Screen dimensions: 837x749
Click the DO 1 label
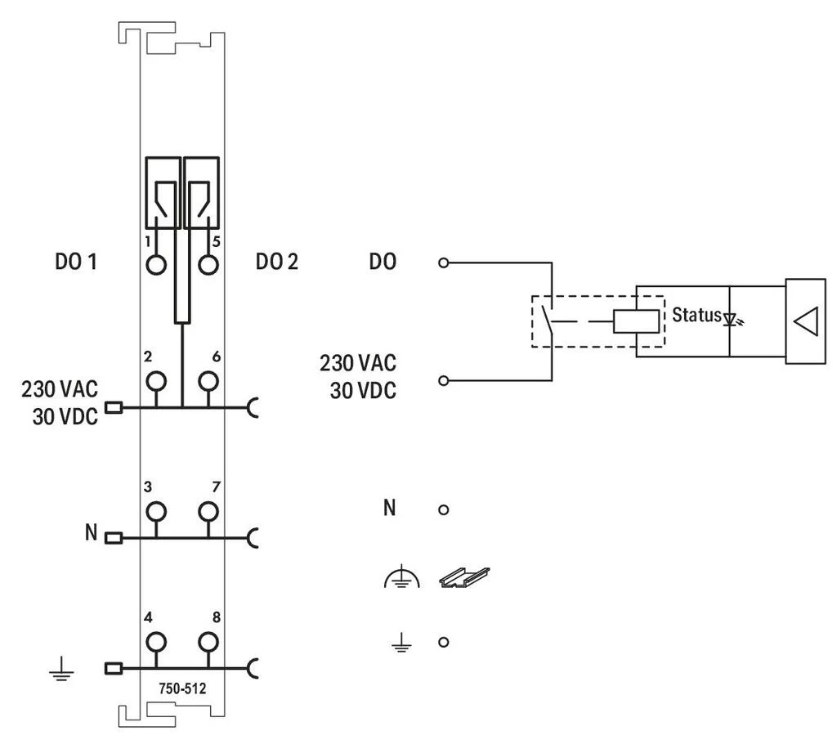point(76,262)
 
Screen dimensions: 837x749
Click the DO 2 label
point(276,262)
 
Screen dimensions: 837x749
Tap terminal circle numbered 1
point(156,265)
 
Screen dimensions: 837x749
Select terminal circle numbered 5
point(208,265)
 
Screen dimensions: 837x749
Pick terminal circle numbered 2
point(156,381)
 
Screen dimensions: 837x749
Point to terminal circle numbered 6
point(208,381)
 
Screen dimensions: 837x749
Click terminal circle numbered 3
point(156,511)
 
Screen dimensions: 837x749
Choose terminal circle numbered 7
point(208,511)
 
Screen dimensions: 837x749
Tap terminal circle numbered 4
point(156,642)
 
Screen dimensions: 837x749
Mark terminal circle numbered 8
point(208,642)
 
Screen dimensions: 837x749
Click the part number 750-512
point(182,688)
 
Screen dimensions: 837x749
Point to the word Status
point(696,315)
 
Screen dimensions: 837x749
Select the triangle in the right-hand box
point(807,321)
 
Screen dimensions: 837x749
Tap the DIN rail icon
point(464,577)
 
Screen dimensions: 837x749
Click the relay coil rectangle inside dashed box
point(636,321)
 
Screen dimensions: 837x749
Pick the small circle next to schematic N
point(443,510)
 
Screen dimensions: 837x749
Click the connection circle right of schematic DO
point(443,262)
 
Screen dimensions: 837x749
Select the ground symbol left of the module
point(61,670)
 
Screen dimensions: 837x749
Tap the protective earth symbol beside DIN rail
point(401,579)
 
